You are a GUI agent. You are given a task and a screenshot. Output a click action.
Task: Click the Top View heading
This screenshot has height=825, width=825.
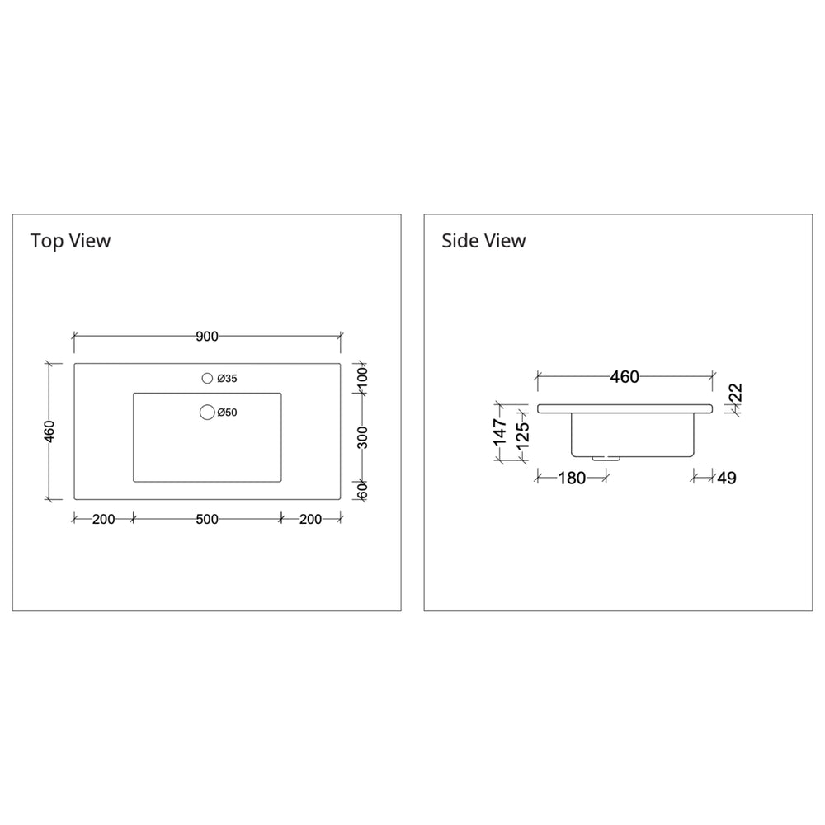pos(70,241)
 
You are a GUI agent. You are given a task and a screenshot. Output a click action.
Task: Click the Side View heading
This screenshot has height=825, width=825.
pos(483,241)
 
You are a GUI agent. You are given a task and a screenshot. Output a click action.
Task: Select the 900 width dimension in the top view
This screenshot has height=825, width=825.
pos(206,337)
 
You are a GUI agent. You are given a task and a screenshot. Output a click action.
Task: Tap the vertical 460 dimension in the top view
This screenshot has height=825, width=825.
pos(49,431)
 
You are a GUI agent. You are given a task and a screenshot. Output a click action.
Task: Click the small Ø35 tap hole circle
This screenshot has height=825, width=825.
pos(207,379)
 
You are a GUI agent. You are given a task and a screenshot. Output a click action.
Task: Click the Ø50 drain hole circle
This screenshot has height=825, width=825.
pos(206,412)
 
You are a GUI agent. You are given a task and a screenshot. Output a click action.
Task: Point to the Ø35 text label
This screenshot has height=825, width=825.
pos(228,379)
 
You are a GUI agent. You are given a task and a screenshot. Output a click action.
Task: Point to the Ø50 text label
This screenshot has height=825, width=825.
pos(228,412)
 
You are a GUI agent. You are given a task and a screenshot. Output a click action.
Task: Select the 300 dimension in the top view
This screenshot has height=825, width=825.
pos(362,436)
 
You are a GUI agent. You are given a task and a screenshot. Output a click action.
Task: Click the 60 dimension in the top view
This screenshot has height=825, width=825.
pos(362,489)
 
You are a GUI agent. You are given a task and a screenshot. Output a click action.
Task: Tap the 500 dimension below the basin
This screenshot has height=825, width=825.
pos(206,519)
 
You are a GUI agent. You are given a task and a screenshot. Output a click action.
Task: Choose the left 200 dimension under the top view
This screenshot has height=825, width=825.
pos(103,519)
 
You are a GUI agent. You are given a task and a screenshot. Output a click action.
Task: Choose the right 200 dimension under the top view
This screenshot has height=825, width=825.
pos(311,519)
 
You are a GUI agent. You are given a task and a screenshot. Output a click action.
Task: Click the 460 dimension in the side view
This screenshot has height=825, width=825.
pos(624,377)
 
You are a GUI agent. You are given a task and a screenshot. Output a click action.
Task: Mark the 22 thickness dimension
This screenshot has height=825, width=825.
pos(735,394)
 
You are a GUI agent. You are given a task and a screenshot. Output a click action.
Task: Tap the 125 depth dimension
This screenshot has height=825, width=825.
pos(521,437)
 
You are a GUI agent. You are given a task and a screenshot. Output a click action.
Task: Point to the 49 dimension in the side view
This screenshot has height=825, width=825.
pos(726,478)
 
